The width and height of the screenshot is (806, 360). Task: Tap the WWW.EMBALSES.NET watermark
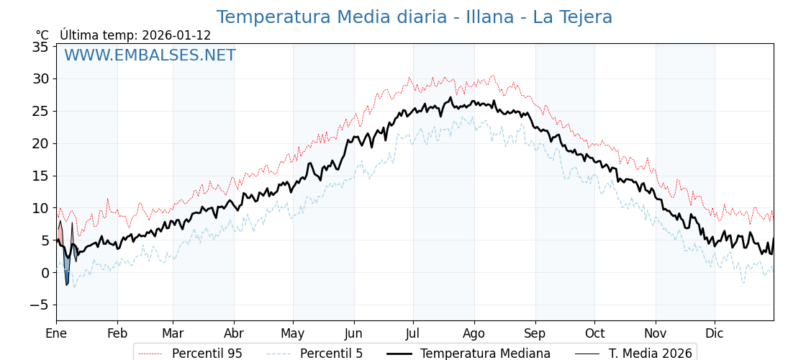point(150,55)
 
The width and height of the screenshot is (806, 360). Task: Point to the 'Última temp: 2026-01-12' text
point(135,35)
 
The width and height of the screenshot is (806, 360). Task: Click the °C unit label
point(42,35)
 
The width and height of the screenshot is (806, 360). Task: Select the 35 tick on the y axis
point(40,47)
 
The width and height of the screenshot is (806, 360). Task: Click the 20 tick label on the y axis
point(40,143)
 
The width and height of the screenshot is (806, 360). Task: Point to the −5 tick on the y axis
point(39,305)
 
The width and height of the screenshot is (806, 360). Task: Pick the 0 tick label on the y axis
point(45,272)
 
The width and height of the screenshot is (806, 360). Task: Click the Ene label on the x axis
point(56,333)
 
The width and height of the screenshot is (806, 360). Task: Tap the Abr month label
point(234,333)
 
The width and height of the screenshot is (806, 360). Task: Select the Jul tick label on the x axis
point(413,333)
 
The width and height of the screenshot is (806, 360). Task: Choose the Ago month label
point(474,333)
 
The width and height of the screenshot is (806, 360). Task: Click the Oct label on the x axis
point(594,333)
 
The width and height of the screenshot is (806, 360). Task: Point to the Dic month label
point(715,333)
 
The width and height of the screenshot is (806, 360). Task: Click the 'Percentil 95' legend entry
point(207,354)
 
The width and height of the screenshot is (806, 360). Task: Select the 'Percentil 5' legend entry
point(331,354)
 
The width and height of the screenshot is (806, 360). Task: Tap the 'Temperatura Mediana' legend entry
point(485,354)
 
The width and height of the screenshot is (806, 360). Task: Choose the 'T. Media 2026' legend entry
point(650,354)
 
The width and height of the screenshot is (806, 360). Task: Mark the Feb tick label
point(117,333)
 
